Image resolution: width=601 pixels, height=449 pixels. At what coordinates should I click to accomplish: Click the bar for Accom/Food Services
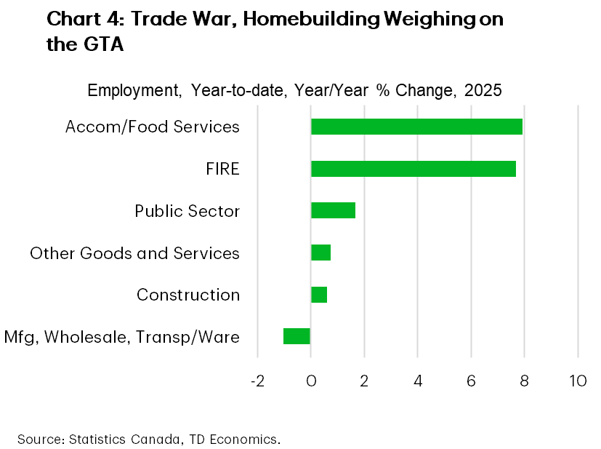click(416, 127)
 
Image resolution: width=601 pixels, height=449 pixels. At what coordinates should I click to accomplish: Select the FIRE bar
click(414, 169)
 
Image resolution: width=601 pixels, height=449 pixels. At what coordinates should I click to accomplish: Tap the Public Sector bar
click(333, 210)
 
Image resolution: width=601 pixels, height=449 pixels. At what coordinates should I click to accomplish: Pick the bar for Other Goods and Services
click(320, 253)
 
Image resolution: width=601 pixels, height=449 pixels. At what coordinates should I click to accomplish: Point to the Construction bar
click(319, 295)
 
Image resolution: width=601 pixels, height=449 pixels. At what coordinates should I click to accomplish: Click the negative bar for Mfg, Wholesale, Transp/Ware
click(297, 336)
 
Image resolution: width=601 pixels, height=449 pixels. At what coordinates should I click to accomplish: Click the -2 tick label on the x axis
click(257, 381)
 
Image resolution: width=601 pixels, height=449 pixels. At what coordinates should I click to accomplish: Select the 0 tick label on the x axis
click(311, 381)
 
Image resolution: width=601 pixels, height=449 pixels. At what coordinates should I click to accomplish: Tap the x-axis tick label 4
click(418, 381)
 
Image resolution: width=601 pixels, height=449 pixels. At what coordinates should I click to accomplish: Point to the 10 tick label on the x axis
click(578, 381)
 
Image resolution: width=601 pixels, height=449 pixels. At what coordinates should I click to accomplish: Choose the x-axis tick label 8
click(524, 381)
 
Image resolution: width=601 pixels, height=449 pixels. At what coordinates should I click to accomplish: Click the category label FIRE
click(222, 170)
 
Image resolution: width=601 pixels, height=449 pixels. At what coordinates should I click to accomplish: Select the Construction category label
click(188, 295)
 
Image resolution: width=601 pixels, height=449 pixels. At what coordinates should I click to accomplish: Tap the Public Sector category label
click(187, 211)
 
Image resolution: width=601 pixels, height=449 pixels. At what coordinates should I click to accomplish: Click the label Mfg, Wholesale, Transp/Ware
click(121, 337)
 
